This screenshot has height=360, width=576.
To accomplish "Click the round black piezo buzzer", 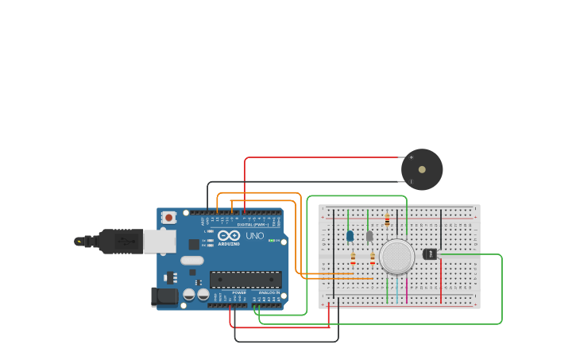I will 421,169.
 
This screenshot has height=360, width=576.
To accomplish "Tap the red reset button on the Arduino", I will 168,217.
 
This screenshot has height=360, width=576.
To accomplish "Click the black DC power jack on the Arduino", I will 164,296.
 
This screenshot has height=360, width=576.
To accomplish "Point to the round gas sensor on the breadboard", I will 396,256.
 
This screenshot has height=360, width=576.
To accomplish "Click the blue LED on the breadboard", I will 350,235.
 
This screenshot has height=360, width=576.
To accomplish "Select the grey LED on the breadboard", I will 369,235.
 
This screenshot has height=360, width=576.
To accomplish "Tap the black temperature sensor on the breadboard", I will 430,254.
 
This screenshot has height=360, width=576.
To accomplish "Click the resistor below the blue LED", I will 353,257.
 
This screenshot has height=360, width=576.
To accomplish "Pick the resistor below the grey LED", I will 372,257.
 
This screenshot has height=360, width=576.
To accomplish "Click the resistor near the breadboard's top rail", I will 387,220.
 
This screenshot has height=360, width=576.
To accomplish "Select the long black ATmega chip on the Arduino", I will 245,279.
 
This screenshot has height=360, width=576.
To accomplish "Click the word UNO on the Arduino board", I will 255,236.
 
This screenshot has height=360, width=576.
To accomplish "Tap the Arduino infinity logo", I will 229,236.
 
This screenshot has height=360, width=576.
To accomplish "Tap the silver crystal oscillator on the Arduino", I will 192,260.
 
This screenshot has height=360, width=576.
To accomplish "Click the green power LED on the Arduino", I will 272,241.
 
